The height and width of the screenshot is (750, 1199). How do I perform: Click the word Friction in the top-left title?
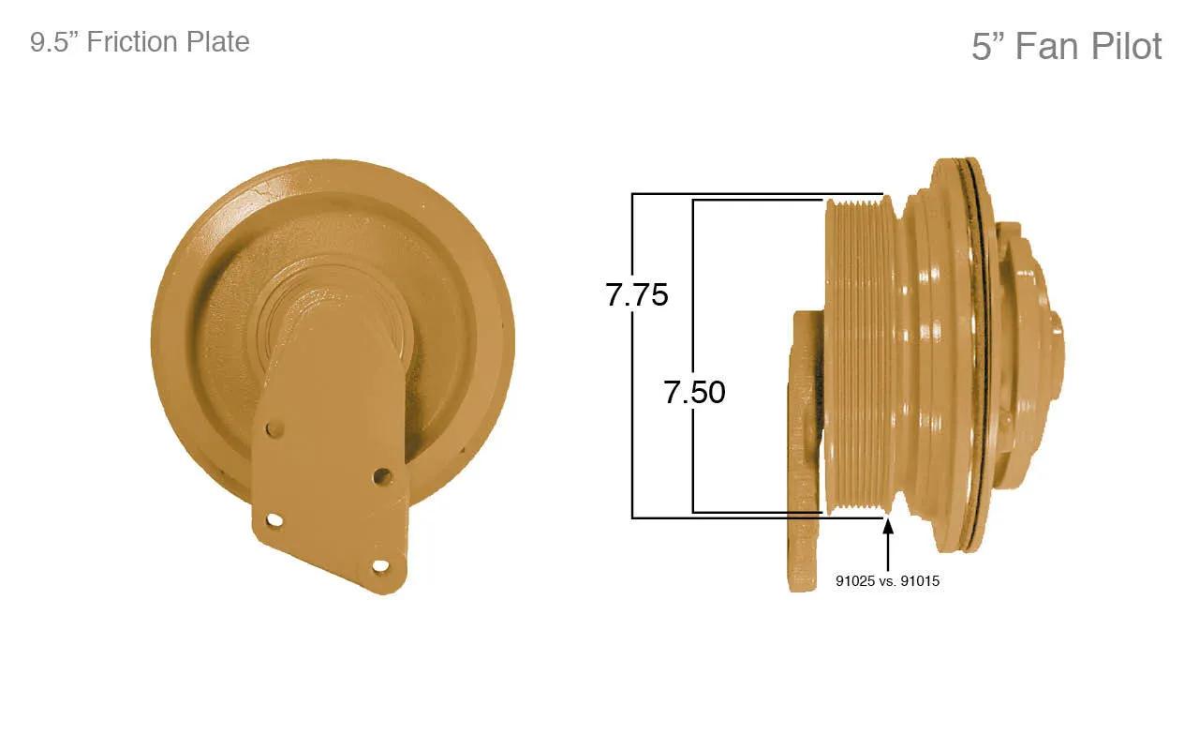click(130, 42)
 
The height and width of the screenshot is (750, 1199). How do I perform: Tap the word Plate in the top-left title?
click(216, 42)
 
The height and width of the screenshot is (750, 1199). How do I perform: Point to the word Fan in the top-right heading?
click(1047, 47)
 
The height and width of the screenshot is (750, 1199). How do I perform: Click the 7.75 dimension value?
click(637, 295)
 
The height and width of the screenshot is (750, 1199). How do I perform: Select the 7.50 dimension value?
click(695, 392)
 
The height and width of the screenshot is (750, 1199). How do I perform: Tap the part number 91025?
click(855, 581)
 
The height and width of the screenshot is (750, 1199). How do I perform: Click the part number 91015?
click(920, 581)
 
